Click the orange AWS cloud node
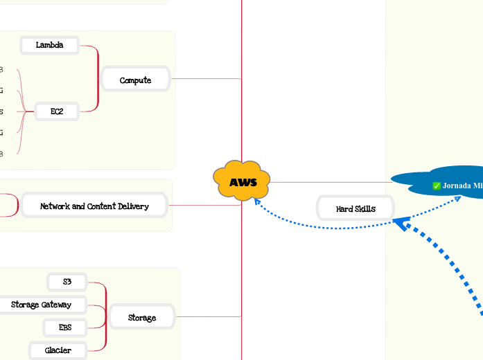(x=242, y=182)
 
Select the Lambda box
(x=49, y=46)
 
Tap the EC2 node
(x=57, y=111)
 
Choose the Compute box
(x=135, y=80)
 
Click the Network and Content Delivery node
(x=94, y=206)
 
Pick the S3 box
(x=67, y=282)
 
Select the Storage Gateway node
(x=42, y=305)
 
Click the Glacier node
(x=58, y=350)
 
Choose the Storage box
(x=141, y=318)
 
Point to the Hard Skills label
(x=355, y=208)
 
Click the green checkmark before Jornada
(x=437, y=186)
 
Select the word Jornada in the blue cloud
(x=457, y=186)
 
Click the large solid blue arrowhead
(x=400, y=224)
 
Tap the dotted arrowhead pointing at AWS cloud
(x=256, y=202)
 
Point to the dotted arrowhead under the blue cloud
(x=458, y=199)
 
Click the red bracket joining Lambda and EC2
(x=98, y=78)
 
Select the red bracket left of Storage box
(x=106, y=316)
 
